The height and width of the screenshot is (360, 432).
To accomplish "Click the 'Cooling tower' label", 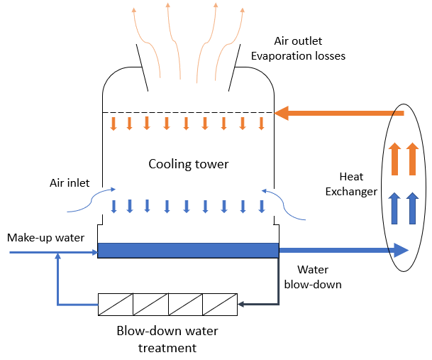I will pyautogui.click(x=188, y=164).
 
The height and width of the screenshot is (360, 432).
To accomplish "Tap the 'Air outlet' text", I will pyautogui.click(x=299, y=40).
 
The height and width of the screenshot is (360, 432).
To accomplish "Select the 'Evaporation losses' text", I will pyautogui.click(x=298, y=55).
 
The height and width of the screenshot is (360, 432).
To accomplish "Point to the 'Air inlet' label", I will pyautogui.click(x=70, y=182).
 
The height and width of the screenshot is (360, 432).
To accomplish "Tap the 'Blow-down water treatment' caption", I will pyautogui.click(x=167, y=339).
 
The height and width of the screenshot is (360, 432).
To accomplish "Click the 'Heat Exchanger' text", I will pyautogui.click(x=358, y=184).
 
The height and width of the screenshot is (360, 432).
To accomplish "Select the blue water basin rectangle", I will pyautogui.click(x=187, y=250).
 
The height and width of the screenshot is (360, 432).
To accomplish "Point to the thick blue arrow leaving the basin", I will pyautogui.click(x=343, y=250).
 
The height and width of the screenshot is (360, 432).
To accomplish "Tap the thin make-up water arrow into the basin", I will pyautogui.click(x=53, y=251).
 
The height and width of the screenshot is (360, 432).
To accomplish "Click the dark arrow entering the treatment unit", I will pyautogui.click(x=259, y=304).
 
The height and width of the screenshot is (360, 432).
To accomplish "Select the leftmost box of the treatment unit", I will pyautogui.click(x=116, y=305).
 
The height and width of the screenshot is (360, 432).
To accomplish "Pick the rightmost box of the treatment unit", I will pyautogui.click(x=220, y=305).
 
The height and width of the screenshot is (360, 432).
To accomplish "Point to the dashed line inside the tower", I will pyautogui.click(x=187, y=112).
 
